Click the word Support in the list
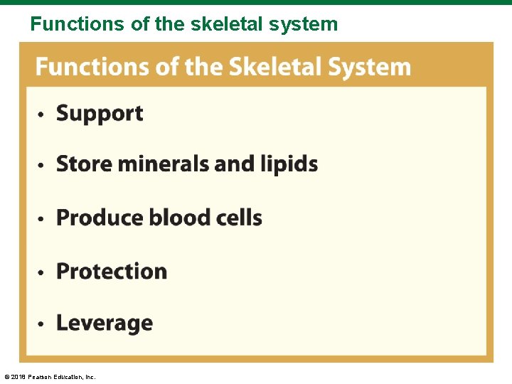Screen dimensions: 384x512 pos(100,114)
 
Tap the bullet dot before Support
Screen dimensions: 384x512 pos(42,114)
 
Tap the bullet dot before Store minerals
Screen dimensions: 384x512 pos(42,166)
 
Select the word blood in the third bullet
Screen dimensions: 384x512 pos(178,218)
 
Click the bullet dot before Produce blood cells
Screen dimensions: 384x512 pos(42,219)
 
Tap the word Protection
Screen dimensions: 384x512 pos(112,271)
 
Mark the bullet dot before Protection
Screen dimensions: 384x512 pos(42,272)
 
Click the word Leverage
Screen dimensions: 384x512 pos(105,324)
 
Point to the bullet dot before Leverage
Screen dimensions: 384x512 pos(42,324)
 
